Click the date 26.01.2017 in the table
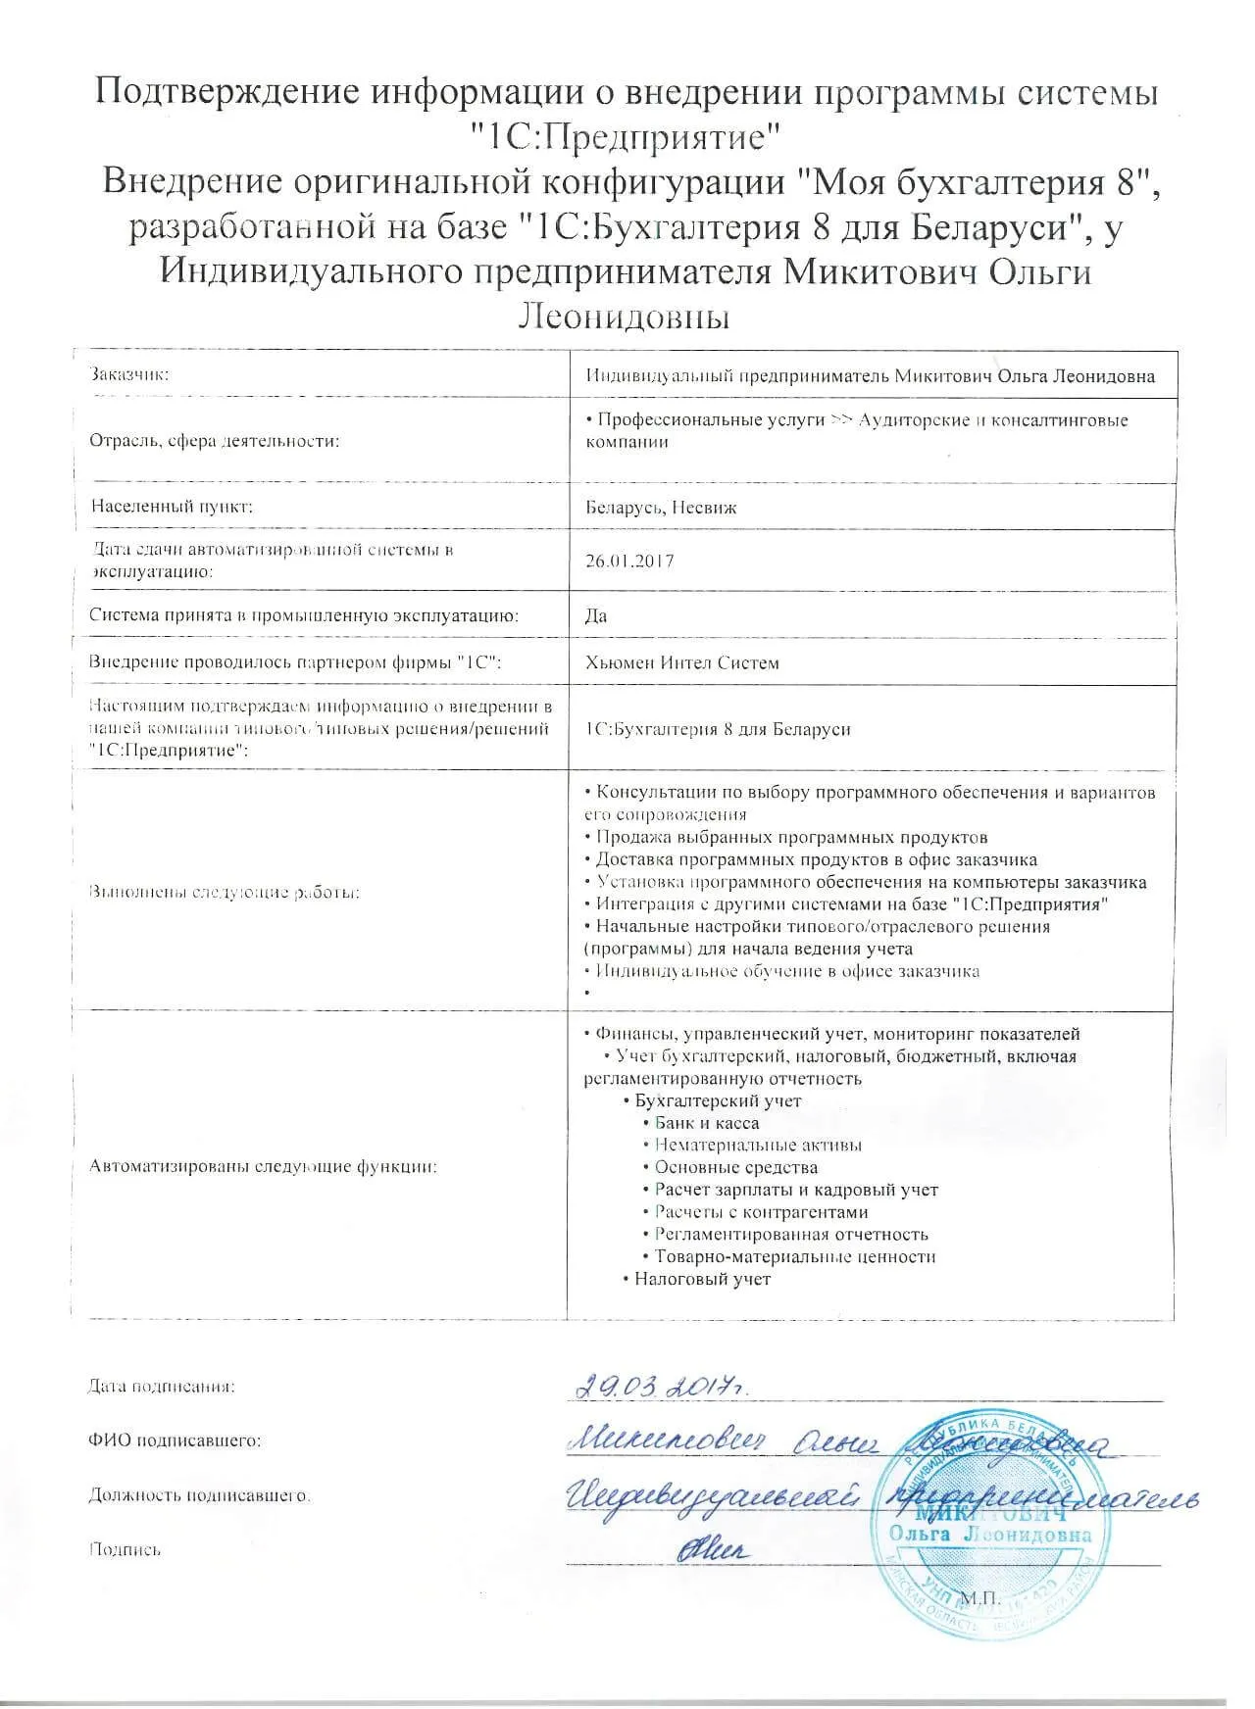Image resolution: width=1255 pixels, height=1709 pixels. click(628, 562)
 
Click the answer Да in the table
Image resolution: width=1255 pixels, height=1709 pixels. click(595, 615)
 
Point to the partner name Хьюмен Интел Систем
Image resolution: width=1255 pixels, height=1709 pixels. click(681, 662)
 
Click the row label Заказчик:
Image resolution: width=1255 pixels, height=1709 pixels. click(129, 375)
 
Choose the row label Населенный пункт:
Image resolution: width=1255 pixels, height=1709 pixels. click(172, 507)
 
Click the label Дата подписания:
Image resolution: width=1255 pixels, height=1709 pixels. click(162, 1387)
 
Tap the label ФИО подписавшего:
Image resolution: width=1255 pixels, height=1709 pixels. click(175, 1440)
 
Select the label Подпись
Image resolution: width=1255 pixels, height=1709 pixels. click(125, 1549)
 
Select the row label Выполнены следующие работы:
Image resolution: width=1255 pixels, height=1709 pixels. click(224, 893)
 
